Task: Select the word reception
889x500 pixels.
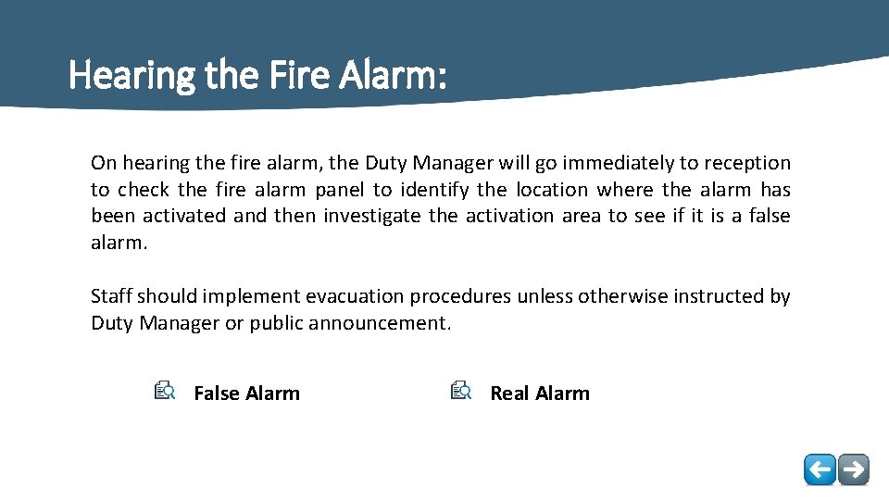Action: coord(747,164)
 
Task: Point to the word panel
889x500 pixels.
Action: coord(340,191)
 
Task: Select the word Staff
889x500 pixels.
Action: coord(111,297)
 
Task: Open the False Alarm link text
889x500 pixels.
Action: coord(246,394)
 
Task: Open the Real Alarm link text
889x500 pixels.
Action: coord(539,394)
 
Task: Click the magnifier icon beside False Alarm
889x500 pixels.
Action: coord(165,392)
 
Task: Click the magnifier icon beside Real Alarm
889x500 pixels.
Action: coord(461,392)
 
